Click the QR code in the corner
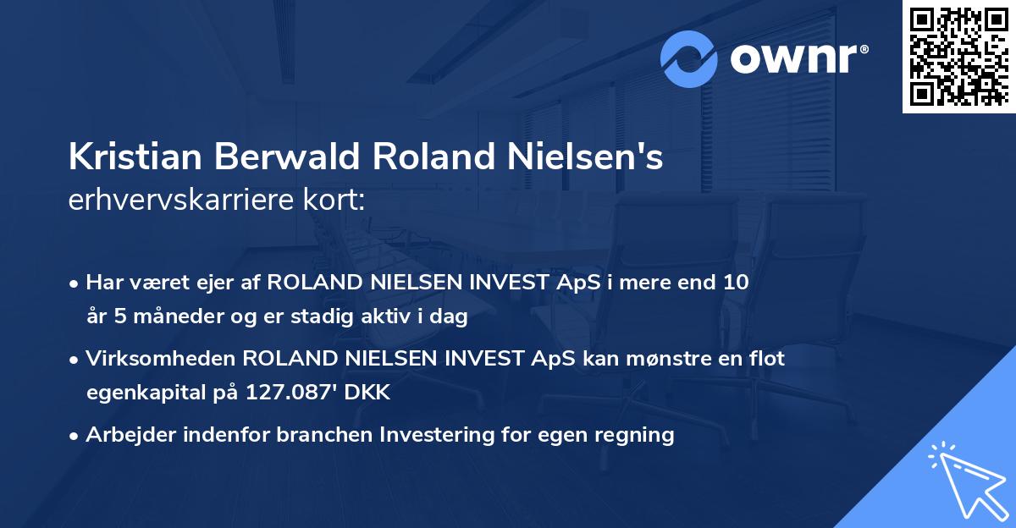pos(958,57)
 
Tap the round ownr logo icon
pos(689,58)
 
